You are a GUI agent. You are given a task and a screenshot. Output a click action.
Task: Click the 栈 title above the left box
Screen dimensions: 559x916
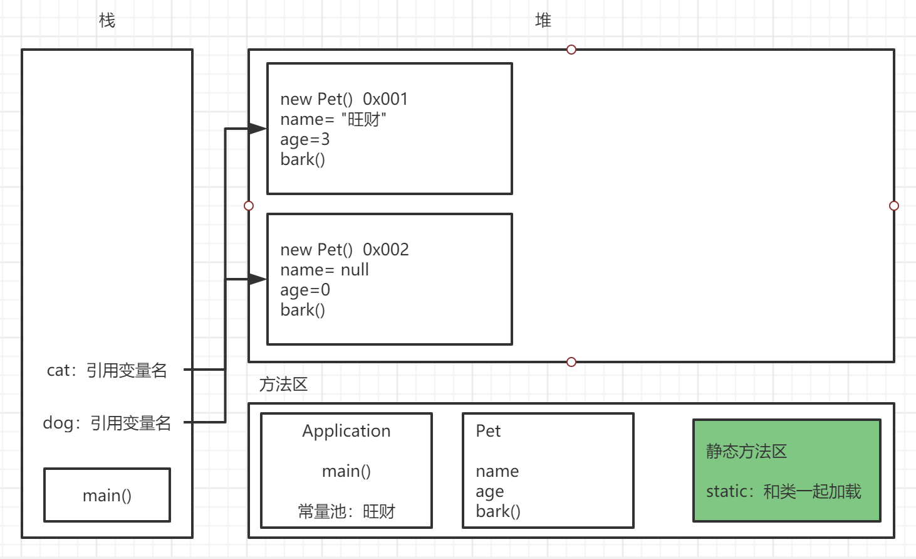click(107, 21)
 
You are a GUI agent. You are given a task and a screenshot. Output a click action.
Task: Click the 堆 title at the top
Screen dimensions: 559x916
click(543, 21)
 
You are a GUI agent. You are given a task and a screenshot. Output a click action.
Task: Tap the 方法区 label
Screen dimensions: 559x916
click(283, 384)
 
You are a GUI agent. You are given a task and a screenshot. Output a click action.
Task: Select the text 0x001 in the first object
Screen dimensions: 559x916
click(385, 99)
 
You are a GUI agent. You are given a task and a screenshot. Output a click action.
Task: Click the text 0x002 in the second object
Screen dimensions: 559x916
click(386, 250)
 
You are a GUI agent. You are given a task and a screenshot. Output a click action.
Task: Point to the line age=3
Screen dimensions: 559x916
click(304, 139)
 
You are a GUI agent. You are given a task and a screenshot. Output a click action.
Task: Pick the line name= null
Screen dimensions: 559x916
click(325, 270)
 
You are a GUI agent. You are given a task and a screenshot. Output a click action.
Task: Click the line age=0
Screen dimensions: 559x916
click(304, 290)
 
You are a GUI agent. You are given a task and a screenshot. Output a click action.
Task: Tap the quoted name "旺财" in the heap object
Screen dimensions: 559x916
click(364, 119)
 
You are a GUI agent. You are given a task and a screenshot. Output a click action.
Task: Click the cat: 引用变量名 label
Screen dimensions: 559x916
click(107, 370)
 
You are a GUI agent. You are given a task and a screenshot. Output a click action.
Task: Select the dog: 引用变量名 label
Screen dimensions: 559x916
click(107, 423)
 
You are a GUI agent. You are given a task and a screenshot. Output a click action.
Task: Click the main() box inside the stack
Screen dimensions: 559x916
click(107, 495)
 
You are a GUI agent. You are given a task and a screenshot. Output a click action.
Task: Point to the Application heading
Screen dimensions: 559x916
click(346, 431)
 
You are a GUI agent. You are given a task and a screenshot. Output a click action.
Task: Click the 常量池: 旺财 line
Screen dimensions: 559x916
click(346, 511)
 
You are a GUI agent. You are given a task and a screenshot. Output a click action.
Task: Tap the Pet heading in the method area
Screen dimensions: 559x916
click(488, 431)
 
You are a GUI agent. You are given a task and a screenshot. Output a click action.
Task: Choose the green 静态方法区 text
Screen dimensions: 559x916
click(746, 451)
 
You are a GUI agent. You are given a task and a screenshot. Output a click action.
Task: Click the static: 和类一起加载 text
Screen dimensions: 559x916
click(784, 491)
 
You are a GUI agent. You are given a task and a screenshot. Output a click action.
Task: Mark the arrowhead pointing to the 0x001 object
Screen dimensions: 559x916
click(258, 129)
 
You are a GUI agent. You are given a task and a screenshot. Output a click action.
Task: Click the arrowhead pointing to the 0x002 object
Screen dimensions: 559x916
click(258, 279)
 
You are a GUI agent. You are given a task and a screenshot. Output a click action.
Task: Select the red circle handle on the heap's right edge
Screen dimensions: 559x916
click(894, 206)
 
